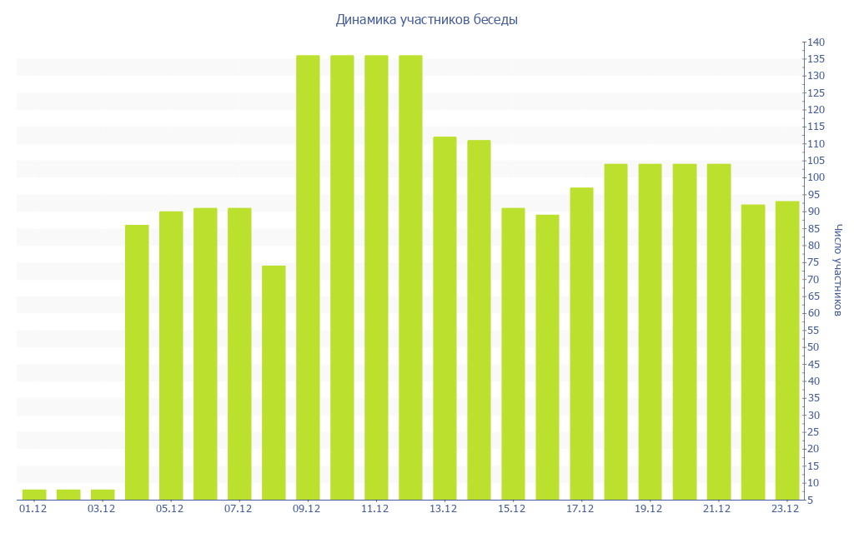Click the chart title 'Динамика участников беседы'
click(x=426, y=19)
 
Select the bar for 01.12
click(x=34, y=495)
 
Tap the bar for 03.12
click(x=103, y=495)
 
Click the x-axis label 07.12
click(x=239, y=509)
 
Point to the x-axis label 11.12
click(x=375, y=509)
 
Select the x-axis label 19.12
click(x=649, y=509)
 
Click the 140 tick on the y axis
click(x=816, y=42)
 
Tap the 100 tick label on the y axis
click(x=816, y=177)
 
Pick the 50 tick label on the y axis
click(x=813, y=347)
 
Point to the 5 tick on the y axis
click(x=811, y=500)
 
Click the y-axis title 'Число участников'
click(x=837, y=270)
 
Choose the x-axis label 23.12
click(x=786, y=509)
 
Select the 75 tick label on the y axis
click(x=813, y=262)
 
